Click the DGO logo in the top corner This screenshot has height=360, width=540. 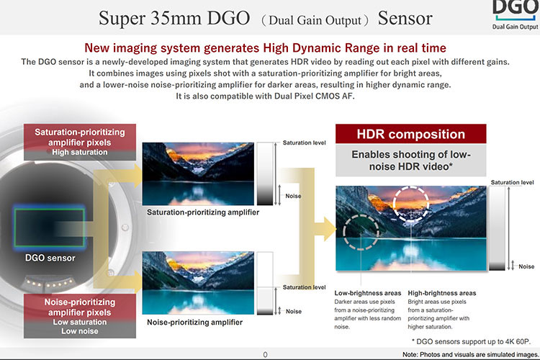coord(516,15)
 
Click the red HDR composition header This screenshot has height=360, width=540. coord(411,134)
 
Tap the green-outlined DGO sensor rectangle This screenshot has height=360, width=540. coord(49,227)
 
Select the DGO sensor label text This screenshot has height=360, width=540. coord(50,258)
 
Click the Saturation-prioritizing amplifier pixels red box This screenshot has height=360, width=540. coord(80,142)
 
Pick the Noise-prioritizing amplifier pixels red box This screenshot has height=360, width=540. coord(80,316)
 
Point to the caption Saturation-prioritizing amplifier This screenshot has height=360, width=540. coord(203,212)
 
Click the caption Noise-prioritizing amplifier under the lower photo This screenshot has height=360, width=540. coord(195,322)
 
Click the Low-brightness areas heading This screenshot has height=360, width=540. coord(368,293)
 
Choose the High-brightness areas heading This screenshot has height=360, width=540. coord(442,293)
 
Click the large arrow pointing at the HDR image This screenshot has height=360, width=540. coord(325,229)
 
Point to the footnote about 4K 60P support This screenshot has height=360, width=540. coord(471,342)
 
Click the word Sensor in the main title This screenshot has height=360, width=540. coord(405,18)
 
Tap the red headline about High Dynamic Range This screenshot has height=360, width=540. coord(265,48)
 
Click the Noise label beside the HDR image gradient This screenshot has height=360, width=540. coord(526,266)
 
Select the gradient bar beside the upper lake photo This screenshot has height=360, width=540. coord(265,174)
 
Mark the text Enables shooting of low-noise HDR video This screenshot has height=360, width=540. coord(411,161)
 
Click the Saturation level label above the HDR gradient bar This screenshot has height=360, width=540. coord(513,183)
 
